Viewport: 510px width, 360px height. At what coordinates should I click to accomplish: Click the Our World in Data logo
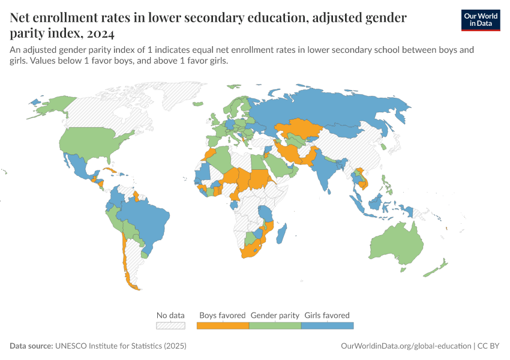[x=480, y=20]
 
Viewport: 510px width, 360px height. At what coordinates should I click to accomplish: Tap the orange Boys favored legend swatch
[x=223, y=325]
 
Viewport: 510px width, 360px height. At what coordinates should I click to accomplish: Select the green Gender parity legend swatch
[x=275, y=325]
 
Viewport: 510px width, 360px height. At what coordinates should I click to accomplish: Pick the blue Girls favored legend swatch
[x=327, y=325]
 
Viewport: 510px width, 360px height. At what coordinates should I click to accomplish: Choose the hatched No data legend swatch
[x=170, y=325]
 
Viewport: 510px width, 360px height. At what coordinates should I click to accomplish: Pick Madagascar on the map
[x=284, y=233]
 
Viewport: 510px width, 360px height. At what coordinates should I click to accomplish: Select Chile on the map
[x=125, y=258]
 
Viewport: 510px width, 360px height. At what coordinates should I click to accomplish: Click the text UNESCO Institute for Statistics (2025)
[x=121, y=346]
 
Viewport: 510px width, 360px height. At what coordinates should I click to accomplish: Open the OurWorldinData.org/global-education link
[x=406, y=346]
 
